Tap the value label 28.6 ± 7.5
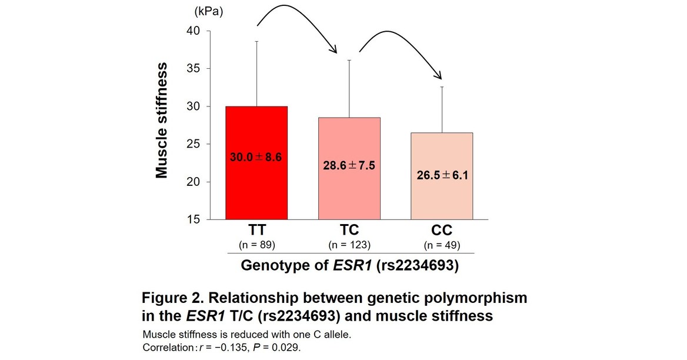coord(349,165)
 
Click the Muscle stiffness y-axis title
coord(162,121)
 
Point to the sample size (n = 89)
coord(256,244)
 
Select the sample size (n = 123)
coord(349,244)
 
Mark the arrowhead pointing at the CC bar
coord(438,76)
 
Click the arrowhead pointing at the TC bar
coord(335,51)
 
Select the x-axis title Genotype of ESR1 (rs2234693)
coord(349,265)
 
